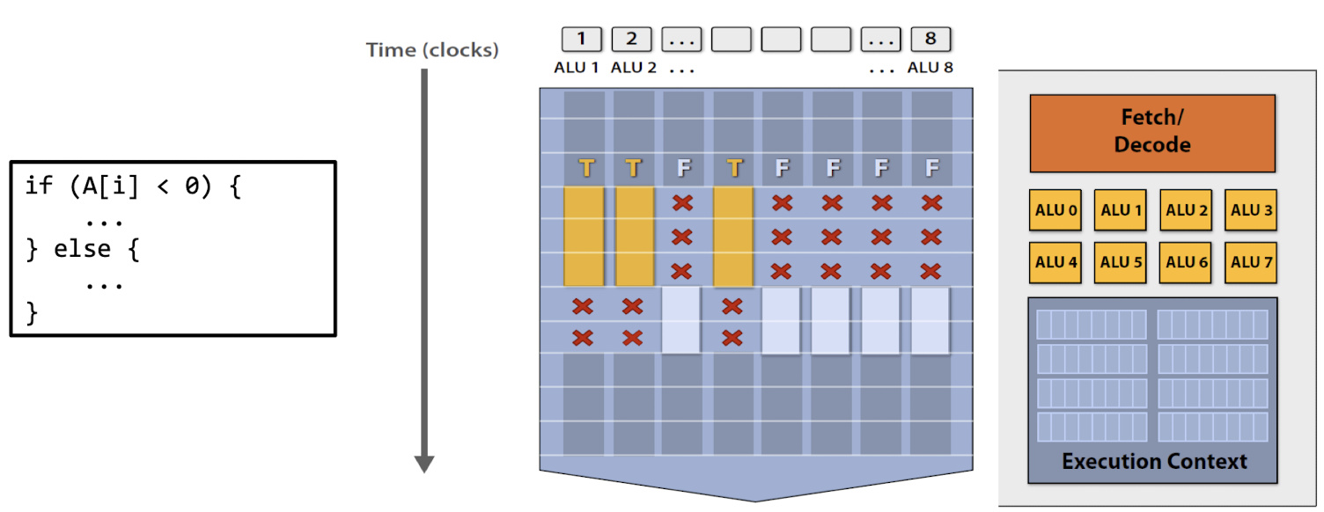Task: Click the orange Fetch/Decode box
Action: tap(1151, 133)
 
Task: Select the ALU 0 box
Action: tap(1055, 210)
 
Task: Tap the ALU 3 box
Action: tap(1250, 210)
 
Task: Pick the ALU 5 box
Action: tap(1120, 262)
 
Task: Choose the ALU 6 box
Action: tap(1185, 262)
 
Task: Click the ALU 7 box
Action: tap(1250, 262)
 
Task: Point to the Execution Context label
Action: tap(1153, 461)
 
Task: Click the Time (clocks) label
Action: tap(432, 50)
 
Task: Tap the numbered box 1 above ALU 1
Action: tap(582, 39)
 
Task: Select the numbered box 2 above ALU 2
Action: tap(631, 39)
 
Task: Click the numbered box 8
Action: tap(930, 39)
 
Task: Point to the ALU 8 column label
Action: tap(930, 68)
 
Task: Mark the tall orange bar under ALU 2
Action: tap(634, 236)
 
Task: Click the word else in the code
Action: tap(83, 249)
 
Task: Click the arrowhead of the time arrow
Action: tap(424, 463)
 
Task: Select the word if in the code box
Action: tap(39, 187)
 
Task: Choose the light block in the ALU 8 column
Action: tap(930, 320)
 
